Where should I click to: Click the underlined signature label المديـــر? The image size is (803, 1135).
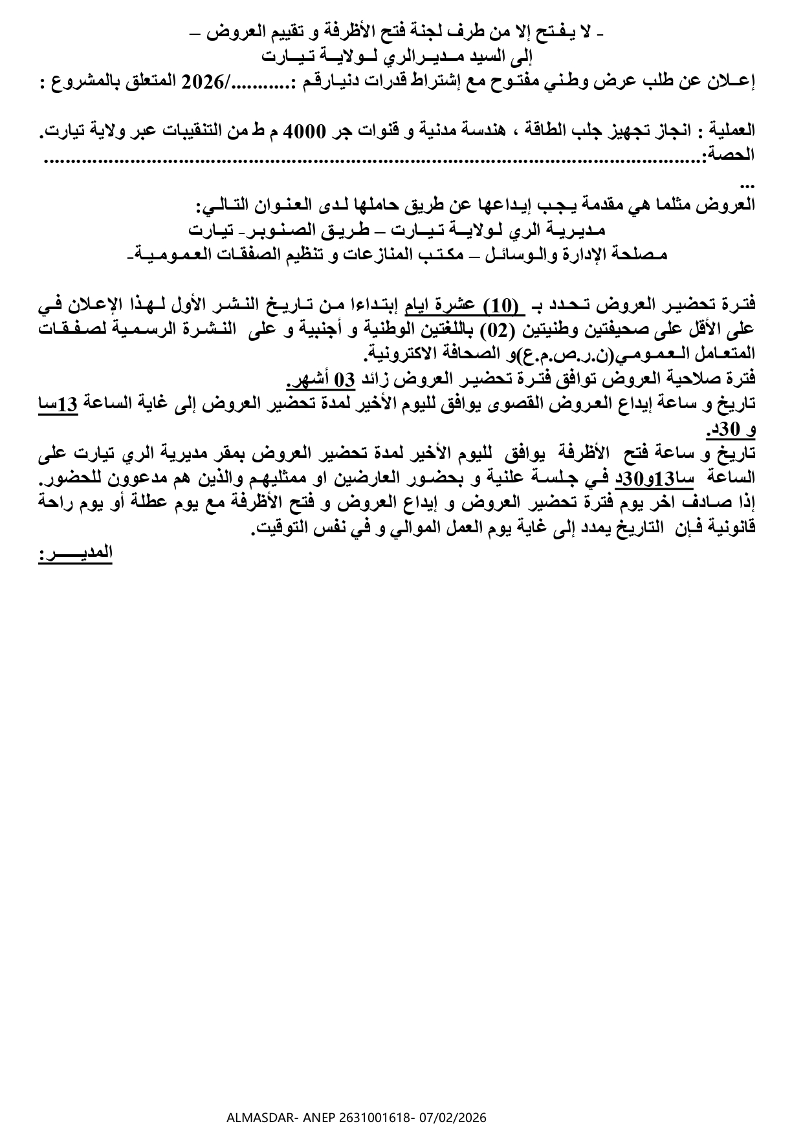(75, 553)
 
